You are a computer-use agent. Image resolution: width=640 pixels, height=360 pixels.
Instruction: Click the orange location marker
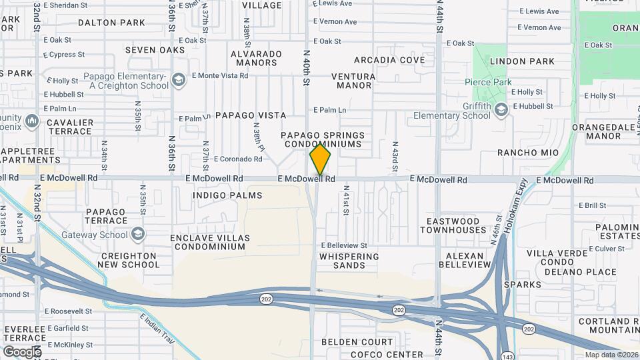point(320,159)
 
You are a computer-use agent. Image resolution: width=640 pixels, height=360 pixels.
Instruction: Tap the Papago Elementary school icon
point(178,81)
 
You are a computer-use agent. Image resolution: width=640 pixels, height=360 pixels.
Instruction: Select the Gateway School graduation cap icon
point(137,235)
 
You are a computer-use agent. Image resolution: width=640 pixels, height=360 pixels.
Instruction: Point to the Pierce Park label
point(489,82)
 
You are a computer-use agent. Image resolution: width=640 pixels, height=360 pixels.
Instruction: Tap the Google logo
point(21,351)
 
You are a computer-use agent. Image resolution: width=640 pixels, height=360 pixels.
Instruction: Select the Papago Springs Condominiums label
point(324,139)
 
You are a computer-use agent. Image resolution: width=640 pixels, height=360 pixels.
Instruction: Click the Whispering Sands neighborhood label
point(349,261)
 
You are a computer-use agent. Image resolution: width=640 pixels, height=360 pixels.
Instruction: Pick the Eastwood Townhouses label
point(453,225)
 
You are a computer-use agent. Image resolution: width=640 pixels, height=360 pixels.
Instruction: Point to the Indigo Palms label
point(227,195)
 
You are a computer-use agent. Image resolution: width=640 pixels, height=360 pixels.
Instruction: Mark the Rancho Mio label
point(527,153)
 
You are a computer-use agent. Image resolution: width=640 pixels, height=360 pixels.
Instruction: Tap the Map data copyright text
point(611,355)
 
